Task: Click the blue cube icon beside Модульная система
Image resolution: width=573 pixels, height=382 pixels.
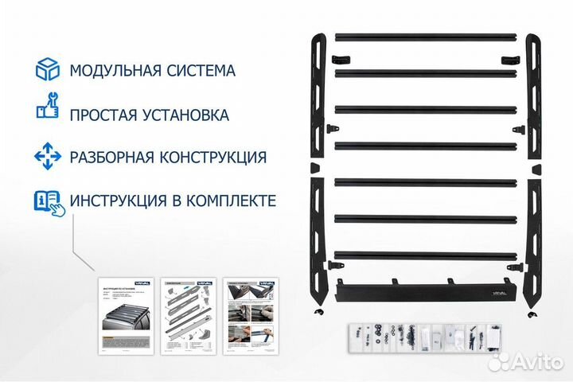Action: coord(47,70)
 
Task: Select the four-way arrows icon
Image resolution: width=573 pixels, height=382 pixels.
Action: coord(47,156)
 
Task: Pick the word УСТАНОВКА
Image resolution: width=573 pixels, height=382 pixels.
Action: coord(188,115)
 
